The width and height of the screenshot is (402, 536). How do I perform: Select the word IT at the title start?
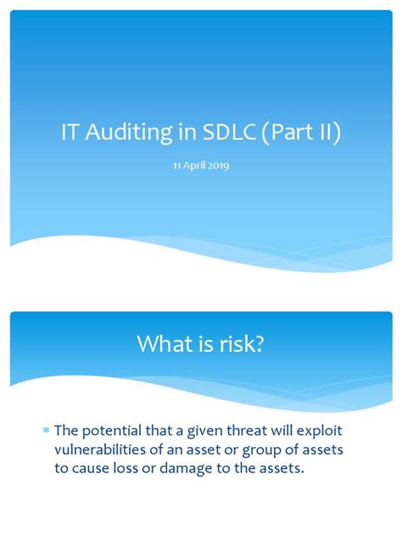coord(70,134)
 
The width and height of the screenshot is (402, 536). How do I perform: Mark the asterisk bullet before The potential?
coord(47,433)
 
